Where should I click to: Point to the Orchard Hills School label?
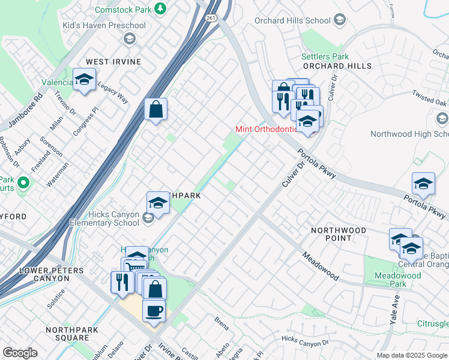pos(292,20)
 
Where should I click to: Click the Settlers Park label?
pos(325,56)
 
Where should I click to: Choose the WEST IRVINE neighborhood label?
pos(113,62)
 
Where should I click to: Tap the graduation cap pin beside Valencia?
pos(84,79)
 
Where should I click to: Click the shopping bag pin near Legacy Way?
pos(155,110)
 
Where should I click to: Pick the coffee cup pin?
pos(154,310)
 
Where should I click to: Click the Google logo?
pos(20,353)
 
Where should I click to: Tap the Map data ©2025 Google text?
pos(411,355)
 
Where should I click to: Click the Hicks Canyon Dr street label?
pos(306,340)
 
